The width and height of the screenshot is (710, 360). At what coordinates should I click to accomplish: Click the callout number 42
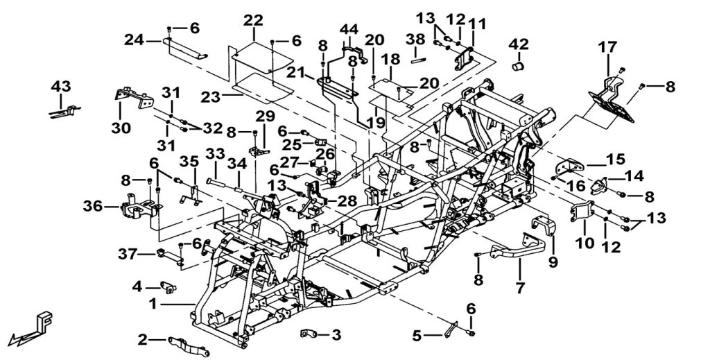(519, 45)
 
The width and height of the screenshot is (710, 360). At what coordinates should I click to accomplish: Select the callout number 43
(61, 85)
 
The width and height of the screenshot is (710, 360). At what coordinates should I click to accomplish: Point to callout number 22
(253, 20)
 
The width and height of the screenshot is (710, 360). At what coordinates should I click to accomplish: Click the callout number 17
(607, 46)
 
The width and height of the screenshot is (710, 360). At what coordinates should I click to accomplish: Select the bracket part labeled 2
(189, 345)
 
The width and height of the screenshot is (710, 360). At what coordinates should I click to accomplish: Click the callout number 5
(417, 336)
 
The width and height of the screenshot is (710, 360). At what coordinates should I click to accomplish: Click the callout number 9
(553, 263)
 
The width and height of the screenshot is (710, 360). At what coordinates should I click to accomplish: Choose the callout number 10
(585, 243)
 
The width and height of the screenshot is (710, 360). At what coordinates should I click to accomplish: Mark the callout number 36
(93, 207)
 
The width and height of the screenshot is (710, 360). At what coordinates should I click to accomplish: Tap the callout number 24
(135, 40)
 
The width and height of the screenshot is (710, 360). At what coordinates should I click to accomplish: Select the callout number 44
(349, 29)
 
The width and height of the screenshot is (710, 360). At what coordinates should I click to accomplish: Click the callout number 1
(153, 304)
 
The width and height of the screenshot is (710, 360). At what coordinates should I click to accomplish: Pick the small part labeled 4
(168, 286)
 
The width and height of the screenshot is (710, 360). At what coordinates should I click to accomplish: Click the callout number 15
(616, 160)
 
